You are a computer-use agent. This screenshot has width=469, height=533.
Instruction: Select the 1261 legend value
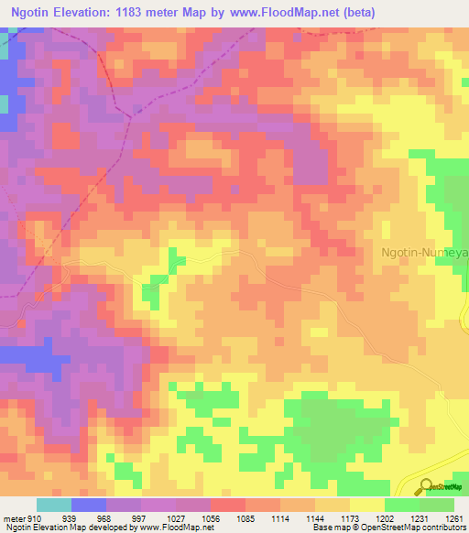point(453,518)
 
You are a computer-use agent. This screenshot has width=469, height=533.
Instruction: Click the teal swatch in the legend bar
point(53,505)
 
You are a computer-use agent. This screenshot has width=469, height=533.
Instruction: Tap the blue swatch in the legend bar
point(88,505)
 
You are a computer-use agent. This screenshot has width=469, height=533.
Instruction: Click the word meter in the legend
point(13,518)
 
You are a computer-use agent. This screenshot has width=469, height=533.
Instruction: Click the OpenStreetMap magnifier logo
point(427,486)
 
